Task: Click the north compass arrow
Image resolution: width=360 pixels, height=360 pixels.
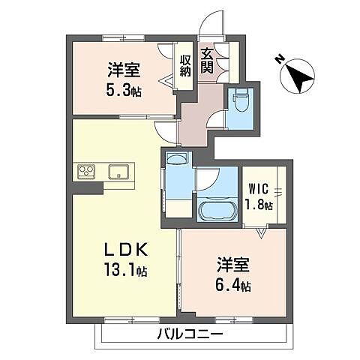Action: (x=298, y=76)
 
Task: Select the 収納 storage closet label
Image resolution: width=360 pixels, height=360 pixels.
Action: (x=185, y=64)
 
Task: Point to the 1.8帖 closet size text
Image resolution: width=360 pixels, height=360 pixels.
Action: (x=258, y=204)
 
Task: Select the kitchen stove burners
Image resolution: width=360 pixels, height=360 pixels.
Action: (x=85, y=172)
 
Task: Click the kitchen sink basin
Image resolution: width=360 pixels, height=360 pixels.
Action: (x=118, y=172)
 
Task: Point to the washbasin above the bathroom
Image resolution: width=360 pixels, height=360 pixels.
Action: (x=178, y=160)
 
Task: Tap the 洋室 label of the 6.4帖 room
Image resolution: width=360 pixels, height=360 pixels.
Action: (x=232, y=265)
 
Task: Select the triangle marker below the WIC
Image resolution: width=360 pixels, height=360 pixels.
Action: (x=260, y=233)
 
